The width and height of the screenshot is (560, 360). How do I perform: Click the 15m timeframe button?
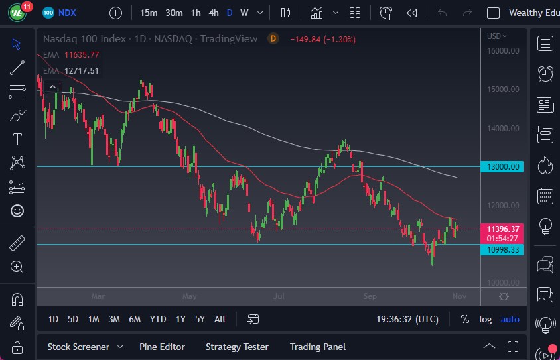pos(149,13)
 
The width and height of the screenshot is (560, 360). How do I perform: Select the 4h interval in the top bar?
pos(213,13)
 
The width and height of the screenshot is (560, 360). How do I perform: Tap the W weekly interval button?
pos(244,13)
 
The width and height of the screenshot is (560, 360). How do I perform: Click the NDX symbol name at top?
pos(67,13)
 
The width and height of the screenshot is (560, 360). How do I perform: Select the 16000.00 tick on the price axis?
pos(502,50)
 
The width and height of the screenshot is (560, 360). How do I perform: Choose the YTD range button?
pos(157,319)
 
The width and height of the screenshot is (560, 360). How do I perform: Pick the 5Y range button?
pos(200,319)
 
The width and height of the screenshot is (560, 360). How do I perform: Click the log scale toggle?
pos(486,319)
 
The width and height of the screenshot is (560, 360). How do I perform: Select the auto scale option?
pos(510,319)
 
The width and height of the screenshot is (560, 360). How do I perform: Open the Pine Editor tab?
pos(162,347)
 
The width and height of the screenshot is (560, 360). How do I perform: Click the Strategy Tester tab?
pos(237,347)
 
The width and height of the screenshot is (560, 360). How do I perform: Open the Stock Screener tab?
pos(78,347)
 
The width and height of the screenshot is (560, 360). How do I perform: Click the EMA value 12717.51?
pos(82,70)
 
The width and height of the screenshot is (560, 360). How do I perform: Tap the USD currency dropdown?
pos(496,36)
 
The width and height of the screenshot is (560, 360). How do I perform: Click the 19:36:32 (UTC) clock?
pos(407,319)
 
